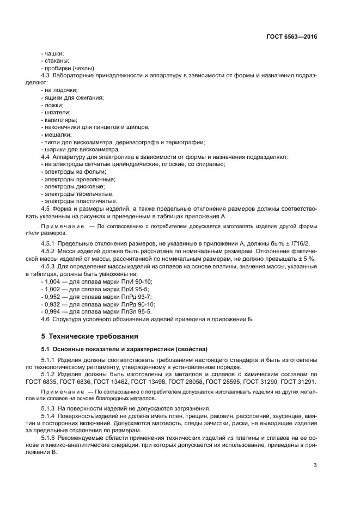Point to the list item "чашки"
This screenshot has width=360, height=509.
pos(53,54)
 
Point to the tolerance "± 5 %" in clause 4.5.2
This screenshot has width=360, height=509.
pos(308,259)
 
